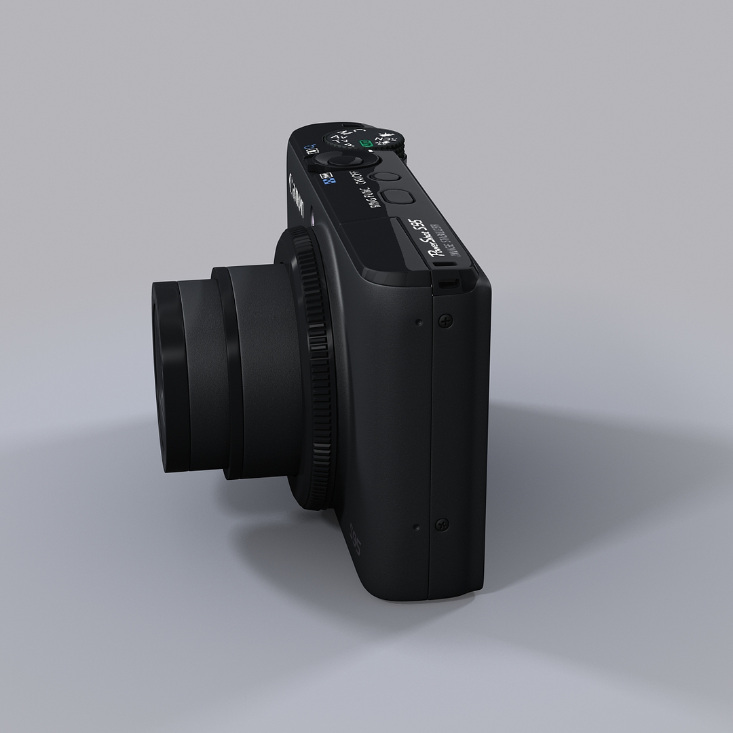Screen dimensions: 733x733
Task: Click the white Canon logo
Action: coord(297,198)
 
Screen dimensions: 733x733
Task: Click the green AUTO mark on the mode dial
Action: coord(366,144)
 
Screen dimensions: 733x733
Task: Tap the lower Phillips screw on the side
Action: coord(442,524)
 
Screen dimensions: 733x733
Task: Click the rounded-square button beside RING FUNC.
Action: coord(396,196)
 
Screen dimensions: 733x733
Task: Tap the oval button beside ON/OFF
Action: coord(388,175)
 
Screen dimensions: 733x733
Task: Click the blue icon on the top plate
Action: coord(328,182)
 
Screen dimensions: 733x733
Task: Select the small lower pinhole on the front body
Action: coord(415,526)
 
